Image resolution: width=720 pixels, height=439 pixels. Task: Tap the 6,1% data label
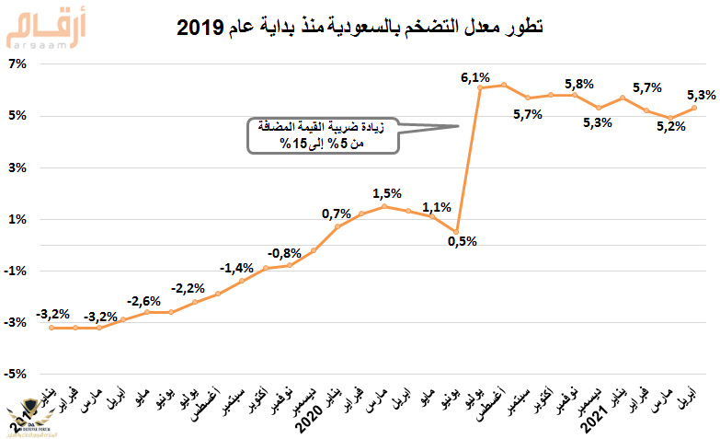tap(474, 77)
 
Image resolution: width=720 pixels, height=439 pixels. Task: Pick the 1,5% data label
tap(387, 192)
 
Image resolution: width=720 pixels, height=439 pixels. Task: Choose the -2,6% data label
tap(144, 300)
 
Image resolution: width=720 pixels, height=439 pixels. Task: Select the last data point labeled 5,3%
tap(693, 108)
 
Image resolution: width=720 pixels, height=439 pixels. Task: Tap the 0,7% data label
tap(336, 214)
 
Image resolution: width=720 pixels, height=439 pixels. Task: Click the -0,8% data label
tap(284, 252)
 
